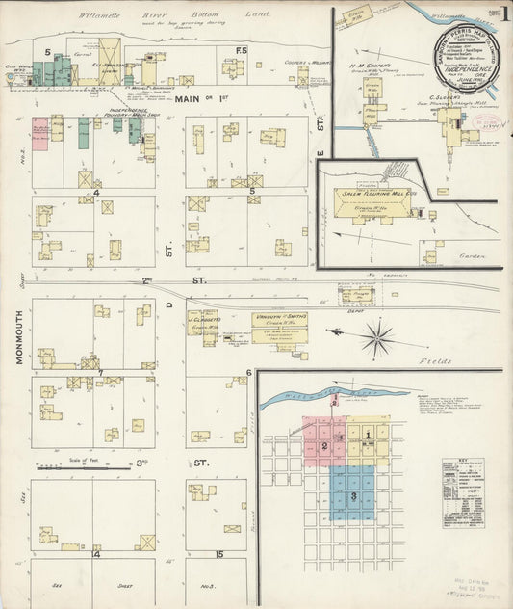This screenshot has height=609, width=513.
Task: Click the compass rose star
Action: point(378,337)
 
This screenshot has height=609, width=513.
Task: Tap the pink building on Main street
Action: point(40,132)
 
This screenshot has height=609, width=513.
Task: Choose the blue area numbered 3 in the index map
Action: point(355,494)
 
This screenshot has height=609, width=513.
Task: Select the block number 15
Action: point(219,554)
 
